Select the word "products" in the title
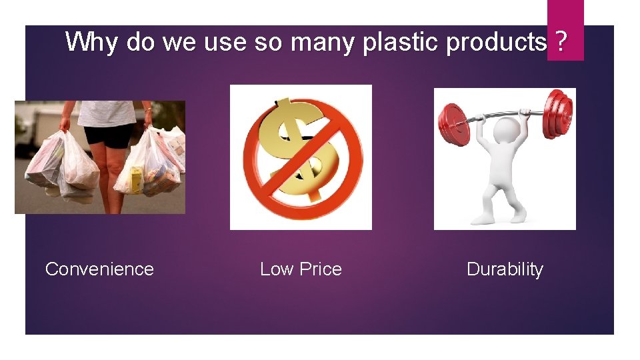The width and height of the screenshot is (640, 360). [496, 42]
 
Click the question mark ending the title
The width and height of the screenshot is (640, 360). [561, 42]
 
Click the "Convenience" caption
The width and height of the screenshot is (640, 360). [99, 269]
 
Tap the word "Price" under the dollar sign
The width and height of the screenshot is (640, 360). [320, 269]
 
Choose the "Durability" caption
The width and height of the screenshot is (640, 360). [505, 269]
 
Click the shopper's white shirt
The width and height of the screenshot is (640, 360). [107, 112]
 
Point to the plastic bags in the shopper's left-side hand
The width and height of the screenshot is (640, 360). [63, 167]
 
